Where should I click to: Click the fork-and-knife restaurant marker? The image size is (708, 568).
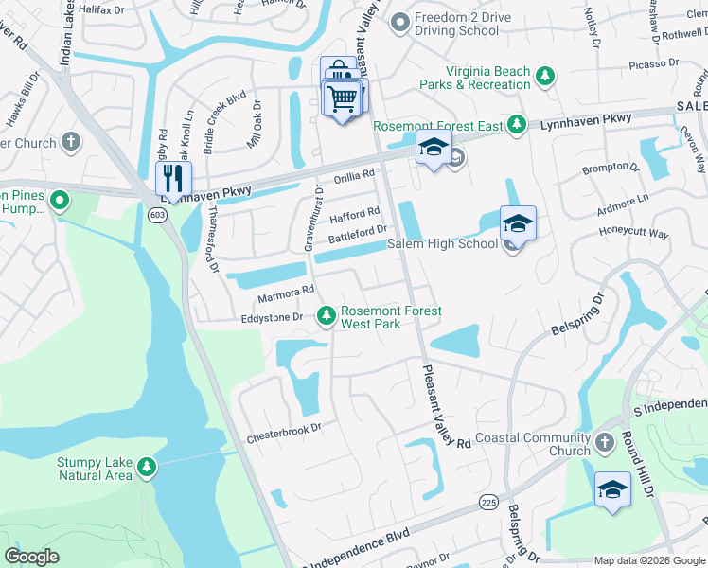tap(174, 178)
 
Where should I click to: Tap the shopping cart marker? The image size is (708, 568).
tap(343, 98)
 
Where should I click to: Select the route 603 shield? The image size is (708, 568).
tap(157, 216)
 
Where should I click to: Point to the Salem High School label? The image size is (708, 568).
tap(442, 244)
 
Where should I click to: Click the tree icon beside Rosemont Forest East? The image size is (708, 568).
tap(516, 124)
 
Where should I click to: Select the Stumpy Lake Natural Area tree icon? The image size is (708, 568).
tap(146, 467)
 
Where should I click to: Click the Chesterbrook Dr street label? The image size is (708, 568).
tap(284, 439)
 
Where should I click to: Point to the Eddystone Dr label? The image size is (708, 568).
tap(270, 318)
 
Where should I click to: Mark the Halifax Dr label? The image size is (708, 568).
tap(101, 8)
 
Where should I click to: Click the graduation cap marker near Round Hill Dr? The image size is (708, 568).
tap(612, 490)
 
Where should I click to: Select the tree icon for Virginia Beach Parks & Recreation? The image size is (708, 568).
tap(544, 76)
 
